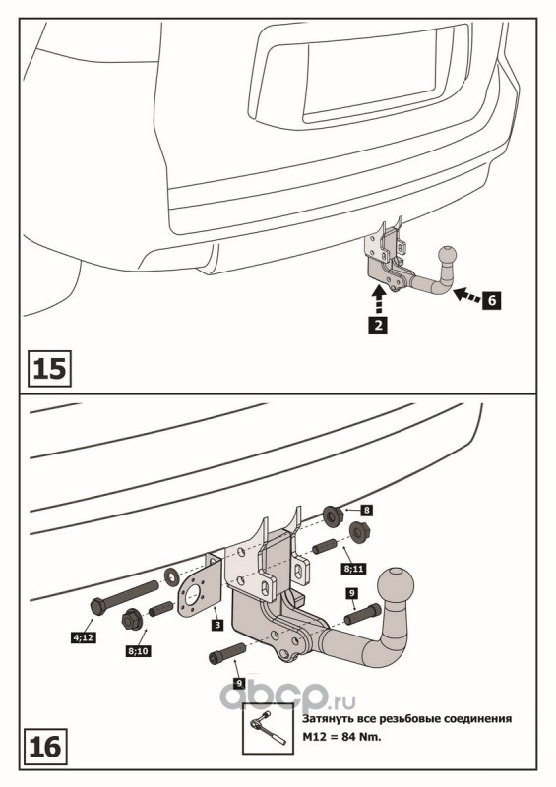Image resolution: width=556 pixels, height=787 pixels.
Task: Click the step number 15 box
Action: [x=50, y=368]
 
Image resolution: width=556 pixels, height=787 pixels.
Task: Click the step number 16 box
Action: [x=45, y=747]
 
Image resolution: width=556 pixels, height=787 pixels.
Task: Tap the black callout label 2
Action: [x=378, y=325]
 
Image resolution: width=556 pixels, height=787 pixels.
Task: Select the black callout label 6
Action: [x=492, y=300]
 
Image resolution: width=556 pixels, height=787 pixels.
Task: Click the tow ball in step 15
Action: [x=448, y=255]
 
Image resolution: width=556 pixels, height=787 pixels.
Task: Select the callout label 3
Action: [x=217, y=625]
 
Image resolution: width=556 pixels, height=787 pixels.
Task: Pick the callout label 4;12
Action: [x=83, y=637]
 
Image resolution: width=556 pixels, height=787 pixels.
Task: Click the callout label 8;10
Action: [x=138, y=651]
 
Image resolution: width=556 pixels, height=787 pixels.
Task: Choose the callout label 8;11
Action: [x=353, y=569]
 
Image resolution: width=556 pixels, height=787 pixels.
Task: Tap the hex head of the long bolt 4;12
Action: [x=98, y=607]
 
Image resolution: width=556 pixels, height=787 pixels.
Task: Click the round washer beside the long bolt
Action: [x=171, y=576]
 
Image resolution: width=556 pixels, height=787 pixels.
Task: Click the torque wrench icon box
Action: [x=268, y=728]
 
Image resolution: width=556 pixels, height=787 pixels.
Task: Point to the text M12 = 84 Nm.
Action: [x=341, y=737]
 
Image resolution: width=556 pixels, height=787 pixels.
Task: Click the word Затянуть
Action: [x=327, y=719]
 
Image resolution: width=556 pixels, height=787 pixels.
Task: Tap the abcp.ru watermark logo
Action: [x=287, y=696]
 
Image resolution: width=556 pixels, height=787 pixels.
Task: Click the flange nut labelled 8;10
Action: [x=133, y=620]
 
